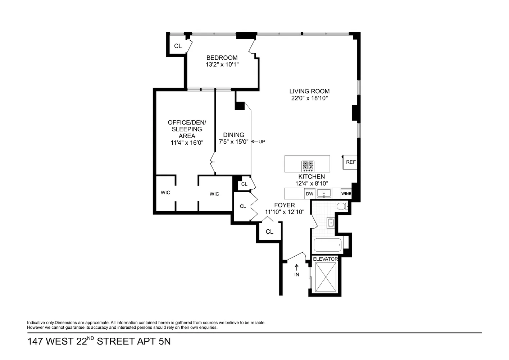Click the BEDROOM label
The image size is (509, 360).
[x=222, y=58]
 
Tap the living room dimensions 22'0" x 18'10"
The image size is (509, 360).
[x=309, y=98]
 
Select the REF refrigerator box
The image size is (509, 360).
[x=351, y=162]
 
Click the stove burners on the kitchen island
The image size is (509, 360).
[x=308, y=166]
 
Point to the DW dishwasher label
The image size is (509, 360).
[x=309, y=194]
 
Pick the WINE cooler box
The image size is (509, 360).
[x=346, y=194]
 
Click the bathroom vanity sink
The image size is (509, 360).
[x=331, y=223]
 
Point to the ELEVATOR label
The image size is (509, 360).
[x=325, y=259]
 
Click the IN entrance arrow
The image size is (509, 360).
[x=297, y=270]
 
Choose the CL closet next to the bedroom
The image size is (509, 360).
[x=178, y=46]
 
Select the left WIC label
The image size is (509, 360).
[x=165, y=193]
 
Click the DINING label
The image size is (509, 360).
[x=233, y=135]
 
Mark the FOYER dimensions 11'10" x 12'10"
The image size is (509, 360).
[x=285, y=212]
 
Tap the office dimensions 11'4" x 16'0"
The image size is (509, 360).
[x=187, y=143]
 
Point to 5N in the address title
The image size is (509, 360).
[x=164, y=341]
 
